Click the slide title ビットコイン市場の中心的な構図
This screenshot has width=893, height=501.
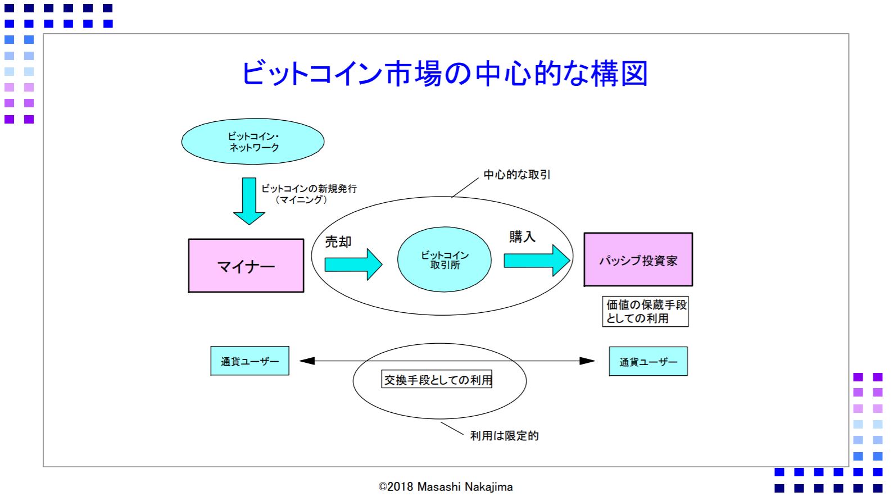click(445, 74)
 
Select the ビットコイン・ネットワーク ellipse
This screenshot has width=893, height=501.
click(253, 142)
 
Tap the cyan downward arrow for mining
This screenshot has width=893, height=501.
click(249, 201)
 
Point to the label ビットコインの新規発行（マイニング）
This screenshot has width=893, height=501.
click(309, 194)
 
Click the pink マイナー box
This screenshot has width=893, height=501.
click(246, 266)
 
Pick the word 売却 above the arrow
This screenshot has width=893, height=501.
click(338, 242)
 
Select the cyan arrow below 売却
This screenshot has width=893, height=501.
click(353, 265)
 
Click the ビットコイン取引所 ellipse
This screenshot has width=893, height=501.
click(445, 259)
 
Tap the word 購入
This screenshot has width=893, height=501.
click(522, 237)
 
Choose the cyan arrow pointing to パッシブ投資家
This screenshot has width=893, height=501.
click(537, 261)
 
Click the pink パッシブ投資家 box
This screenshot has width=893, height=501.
click(638, 260)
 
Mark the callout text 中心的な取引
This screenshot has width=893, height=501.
click(516, 175)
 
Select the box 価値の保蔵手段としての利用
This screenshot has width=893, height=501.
click(645, 312)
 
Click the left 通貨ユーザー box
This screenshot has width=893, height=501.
click(250, 361)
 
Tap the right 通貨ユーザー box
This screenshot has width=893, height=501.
click(648, 362)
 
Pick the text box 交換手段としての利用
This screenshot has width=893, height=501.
click(437, 380)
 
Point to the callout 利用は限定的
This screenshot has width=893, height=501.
click(504, 436)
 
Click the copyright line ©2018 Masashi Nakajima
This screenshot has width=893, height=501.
click(445, 486)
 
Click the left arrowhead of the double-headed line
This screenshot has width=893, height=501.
click(307, 361)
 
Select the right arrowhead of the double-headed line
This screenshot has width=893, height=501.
click(587, 361)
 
